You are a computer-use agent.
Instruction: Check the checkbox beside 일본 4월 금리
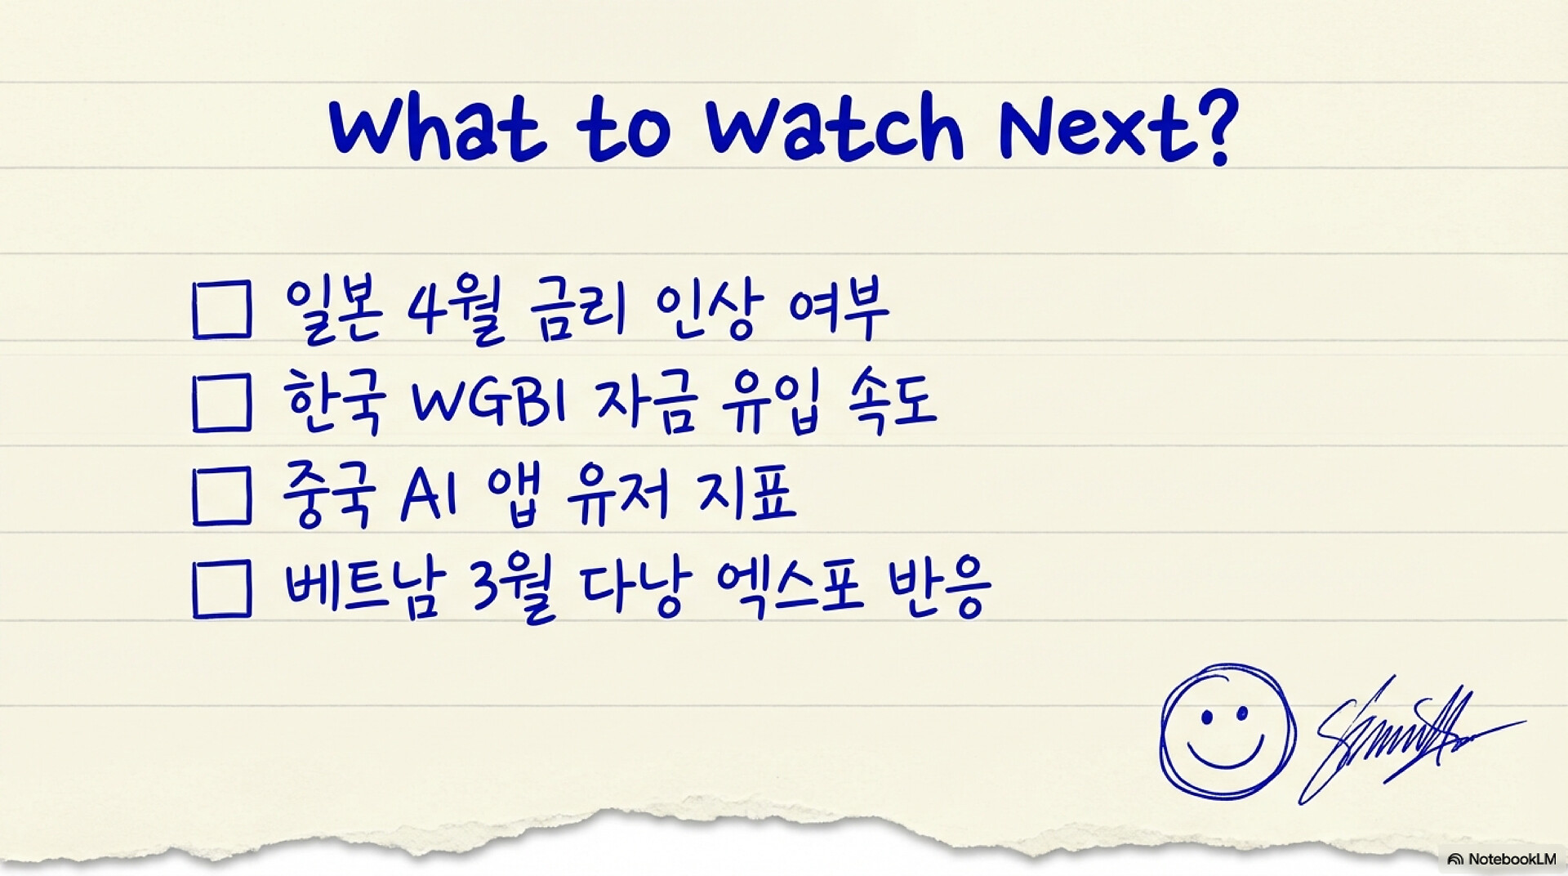pos(222,310)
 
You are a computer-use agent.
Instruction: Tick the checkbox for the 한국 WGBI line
pos(222,403)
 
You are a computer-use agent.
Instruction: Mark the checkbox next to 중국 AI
pos(222,496)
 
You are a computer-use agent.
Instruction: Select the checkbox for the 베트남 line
pos(222,588)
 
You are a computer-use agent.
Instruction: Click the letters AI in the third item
pos(430,496)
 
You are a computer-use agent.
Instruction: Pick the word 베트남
pos(366,587)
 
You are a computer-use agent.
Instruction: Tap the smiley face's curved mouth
pos(1225,756)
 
